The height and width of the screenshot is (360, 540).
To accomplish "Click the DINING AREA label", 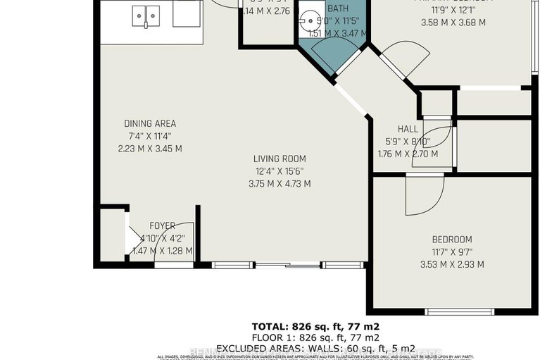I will click(150, 123).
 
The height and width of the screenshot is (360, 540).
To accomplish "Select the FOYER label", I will click(163, 225).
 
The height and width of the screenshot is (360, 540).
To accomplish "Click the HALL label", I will click(408, 130).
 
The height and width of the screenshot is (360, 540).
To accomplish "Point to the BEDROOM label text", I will click(452, 240).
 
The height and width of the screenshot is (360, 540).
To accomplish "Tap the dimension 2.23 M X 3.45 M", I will click(150, 149).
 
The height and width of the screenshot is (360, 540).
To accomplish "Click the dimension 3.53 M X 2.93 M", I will click(452, 265).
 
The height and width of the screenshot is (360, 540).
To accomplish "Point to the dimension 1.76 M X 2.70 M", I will click(408, 154).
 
